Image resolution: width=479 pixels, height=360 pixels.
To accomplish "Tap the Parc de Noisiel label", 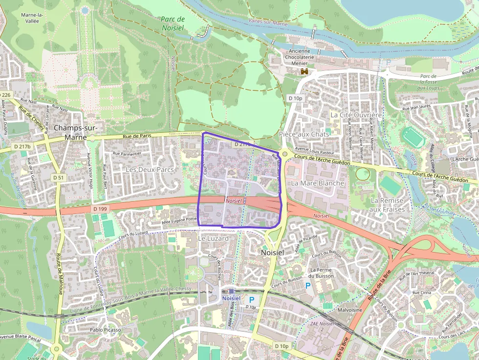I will pyautogui.click(x=173, y=23).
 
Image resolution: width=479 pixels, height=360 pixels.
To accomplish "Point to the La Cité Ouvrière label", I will pyautogui.click(x=356, y=115).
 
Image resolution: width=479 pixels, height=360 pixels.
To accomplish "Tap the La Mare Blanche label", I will pyautogui.click(x=318, y=183).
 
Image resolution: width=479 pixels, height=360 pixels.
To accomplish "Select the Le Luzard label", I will pyautogui.click(x=213, y=238).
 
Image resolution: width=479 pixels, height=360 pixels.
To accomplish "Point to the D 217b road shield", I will pyautogui.click(x=22, y=147).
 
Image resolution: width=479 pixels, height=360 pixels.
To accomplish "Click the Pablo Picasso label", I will pyautogui.click(x=106, y=330).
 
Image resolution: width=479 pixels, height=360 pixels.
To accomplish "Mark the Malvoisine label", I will pyautogui.click(x=350, y=310).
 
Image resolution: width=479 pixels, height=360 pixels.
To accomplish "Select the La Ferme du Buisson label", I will pyautogui.click(x=322, y=273).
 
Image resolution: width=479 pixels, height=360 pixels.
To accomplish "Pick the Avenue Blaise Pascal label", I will pyautogui.click(x=20, y=337).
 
